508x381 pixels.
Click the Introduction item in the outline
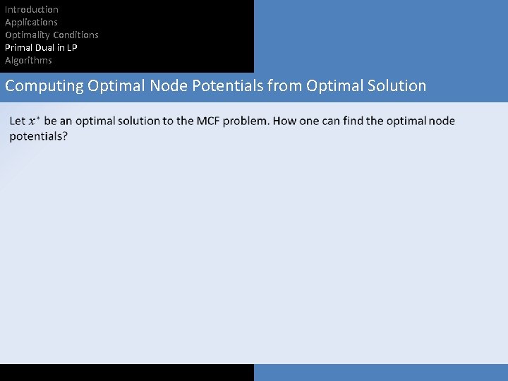point(32,10)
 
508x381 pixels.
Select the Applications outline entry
point(31,23)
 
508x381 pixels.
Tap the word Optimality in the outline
point(28,35)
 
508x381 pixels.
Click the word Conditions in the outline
point(75,35)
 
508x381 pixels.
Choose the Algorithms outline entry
point(28,61)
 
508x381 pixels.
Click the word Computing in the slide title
point(44,86)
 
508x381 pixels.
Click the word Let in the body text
point(18,121)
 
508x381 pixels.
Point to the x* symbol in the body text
point(34,121)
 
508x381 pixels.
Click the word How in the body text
point(284,121)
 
